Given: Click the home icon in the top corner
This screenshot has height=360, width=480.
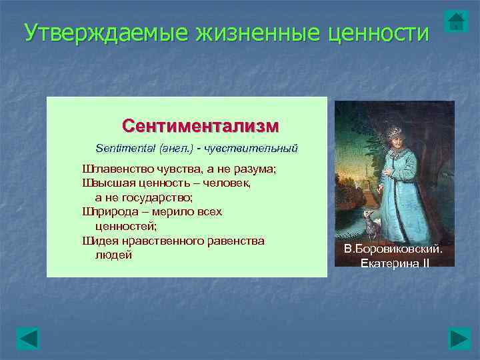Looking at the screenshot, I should pos(456,21).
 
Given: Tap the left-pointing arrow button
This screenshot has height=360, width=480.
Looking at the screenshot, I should pos(28,339).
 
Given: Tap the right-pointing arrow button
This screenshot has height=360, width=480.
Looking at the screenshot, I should pos(459,339).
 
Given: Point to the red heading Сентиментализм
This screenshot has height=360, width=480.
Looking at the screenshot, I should pos(201,126).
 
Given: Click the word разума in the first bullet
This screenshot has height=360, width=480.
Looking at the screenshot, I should pos(256,169).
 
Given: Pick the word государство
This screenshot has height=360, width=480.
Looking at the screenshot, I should pos(157,197).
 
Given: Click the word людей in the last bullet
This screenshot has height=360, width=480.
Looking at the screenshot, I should pos(114,255).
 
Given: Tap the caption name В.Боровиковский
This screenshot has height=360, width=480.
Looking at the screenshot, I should pos(393,249).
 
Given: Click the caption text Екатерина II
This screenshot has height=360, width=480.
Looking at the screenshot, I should pos(395,263).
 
